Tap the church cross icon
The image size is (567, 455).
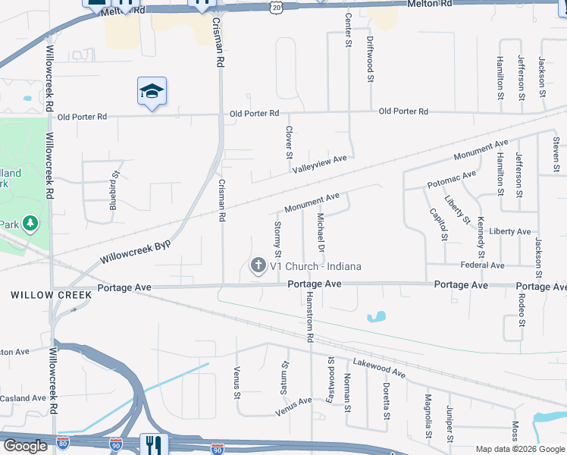(258, 265)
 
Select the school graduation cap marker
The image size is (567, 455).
(152, 92)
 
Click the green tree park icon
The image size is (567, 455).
(30, 223)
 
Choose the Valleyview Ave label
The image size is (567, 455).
(319, 163)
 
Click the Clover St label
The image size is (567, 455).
(289, 142)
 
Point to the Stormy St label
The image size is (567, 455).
(277, 237)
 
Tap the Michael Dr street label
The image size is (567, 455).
(321, 233)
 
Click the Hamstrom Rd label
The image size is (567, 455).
(309, 318)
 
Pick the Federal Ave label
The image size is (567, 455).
(482, 265)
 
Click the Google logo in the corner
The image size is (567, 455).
(25, 446)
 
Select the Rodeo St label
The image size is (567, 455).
(522, 309)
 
